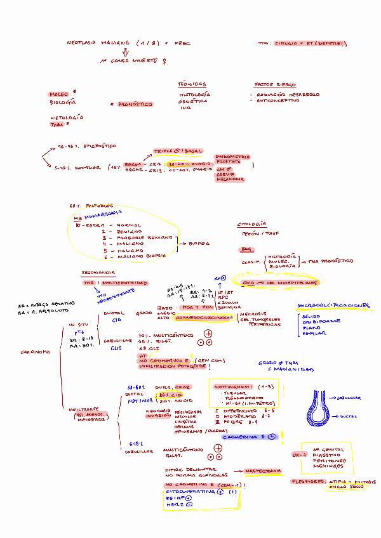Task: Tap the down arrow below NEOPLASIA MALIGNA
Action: tap(126, 53)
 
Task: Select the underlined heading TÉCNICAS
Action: tap(192, 84)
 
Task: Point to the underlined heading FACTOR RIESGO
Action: tap(275, 85)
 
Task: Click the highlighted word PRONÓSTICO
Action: tap(135, 103)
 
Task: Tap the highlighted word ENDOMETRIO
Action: tap(233, 157)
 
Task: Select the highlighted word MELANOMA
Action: tap(230, 180)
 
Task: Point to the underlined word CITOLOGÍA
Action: tap(252, 225)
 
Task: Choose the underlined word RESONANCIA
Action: tap(98, 273)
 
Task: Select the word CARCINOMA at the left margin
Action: tap(36, 351)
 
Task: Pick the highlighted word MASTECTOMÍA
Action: tap(262, 471)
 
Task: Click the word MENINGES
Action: tap(328, 466)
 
